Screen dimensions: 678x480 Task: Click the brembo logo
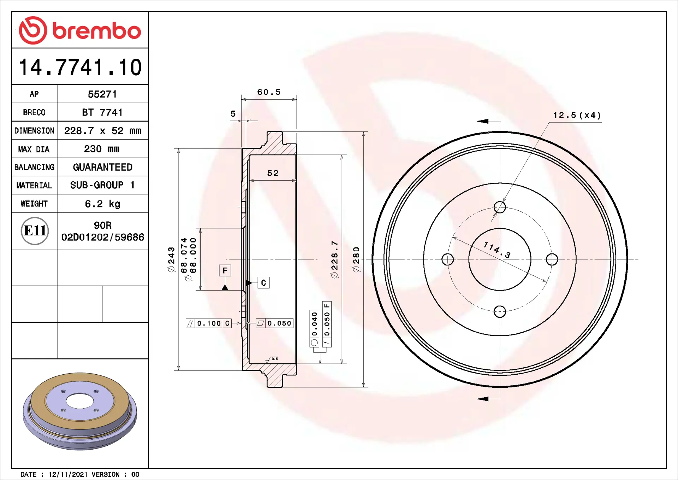80,30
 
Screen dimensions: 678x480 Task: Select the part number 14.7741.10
80,67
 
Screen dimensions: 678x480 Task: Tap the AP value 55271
102,94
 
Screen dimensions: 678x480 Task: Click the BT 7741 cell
102,112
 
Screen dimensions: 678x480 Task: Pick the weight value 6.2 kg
102,204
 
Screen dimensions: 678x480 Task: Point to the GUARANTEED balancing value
102,167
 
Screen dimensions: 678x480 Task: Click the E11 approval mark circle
35,231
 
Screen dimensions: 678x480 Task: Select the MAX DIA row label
34,149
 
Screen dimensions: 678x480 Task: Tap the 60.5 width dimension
269,92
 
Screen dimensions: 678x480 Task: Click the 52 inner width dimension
273,173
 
